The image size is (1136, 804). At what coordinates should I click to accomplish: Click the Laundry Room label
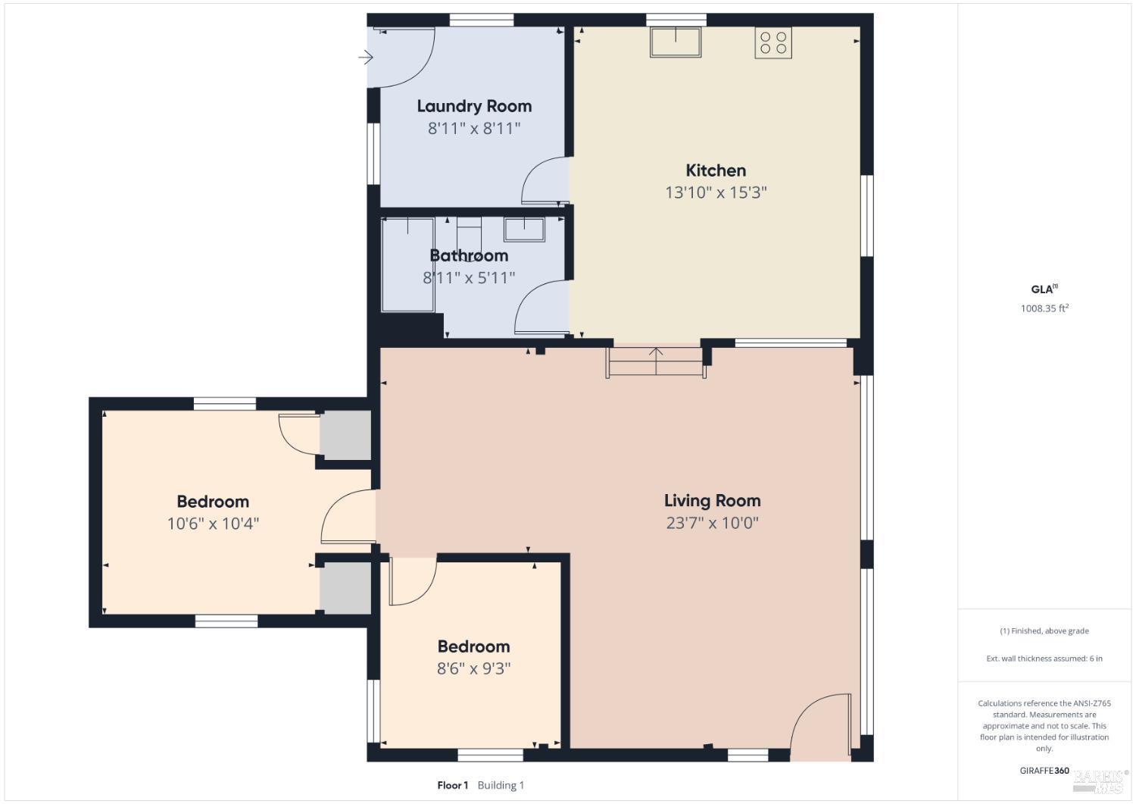pyautogui.click(x=474, y=106)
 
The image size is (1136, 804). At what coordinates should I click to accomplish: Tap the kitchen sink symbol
pyautogui.click(x=676, y=42)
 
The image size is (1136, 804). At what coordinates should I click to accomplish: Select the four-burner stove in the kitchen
pyautogui.click(x=772, y=42)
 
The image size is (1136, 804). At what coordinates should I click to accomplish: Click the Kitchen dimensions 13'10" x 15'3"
pyautogui.click(x=716, y=192)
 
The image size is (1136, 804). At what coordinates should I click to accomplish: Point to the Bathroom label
pyautogui.click(x=469, y=255)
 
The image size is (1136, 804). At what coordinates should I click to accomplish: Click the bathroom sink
pyautogui.click(x=524, y=230)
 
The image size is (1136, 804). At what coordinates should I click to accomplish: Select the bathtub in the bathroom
pyautogui.click(x=407, y=264)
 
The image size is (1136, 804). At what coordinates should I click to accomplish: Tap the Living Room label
pyautogui.click(x=712, y=500)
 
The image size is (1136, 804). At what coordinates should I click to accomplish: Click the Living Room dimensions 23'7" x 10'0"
pyautogui.click(x=712, y=522)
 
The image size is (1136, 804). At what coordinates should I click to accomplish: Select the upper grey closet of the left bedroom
pyautogui.click(x=345, y=435)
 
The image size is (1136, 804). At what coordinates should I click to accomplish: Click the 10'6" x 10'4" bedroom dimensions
pyautogui.click(x=213, y=524)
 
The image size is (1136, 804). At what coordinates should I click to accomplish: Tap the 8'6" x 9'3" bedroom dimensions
pyautogui.click(x=473, y=668)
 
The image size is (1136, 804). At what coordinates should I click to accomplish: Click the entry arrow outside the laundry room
pyautogui.click(x=366, y=58)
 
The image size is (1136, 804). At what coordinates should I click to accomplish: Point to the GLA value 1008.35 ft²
pyautogui.click(x=1044, y=308)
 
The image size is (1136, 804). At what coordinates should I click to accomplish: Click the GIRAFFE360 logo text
pyautogui.click(x=1044, y=771)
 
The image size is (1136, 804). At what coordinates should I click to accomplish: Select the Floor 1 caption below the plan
pyautogui.click(x=453, y=785)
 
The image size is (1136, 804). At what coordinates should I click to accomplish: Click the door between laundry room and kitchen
pyautogui.click(x=545, y=182)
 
